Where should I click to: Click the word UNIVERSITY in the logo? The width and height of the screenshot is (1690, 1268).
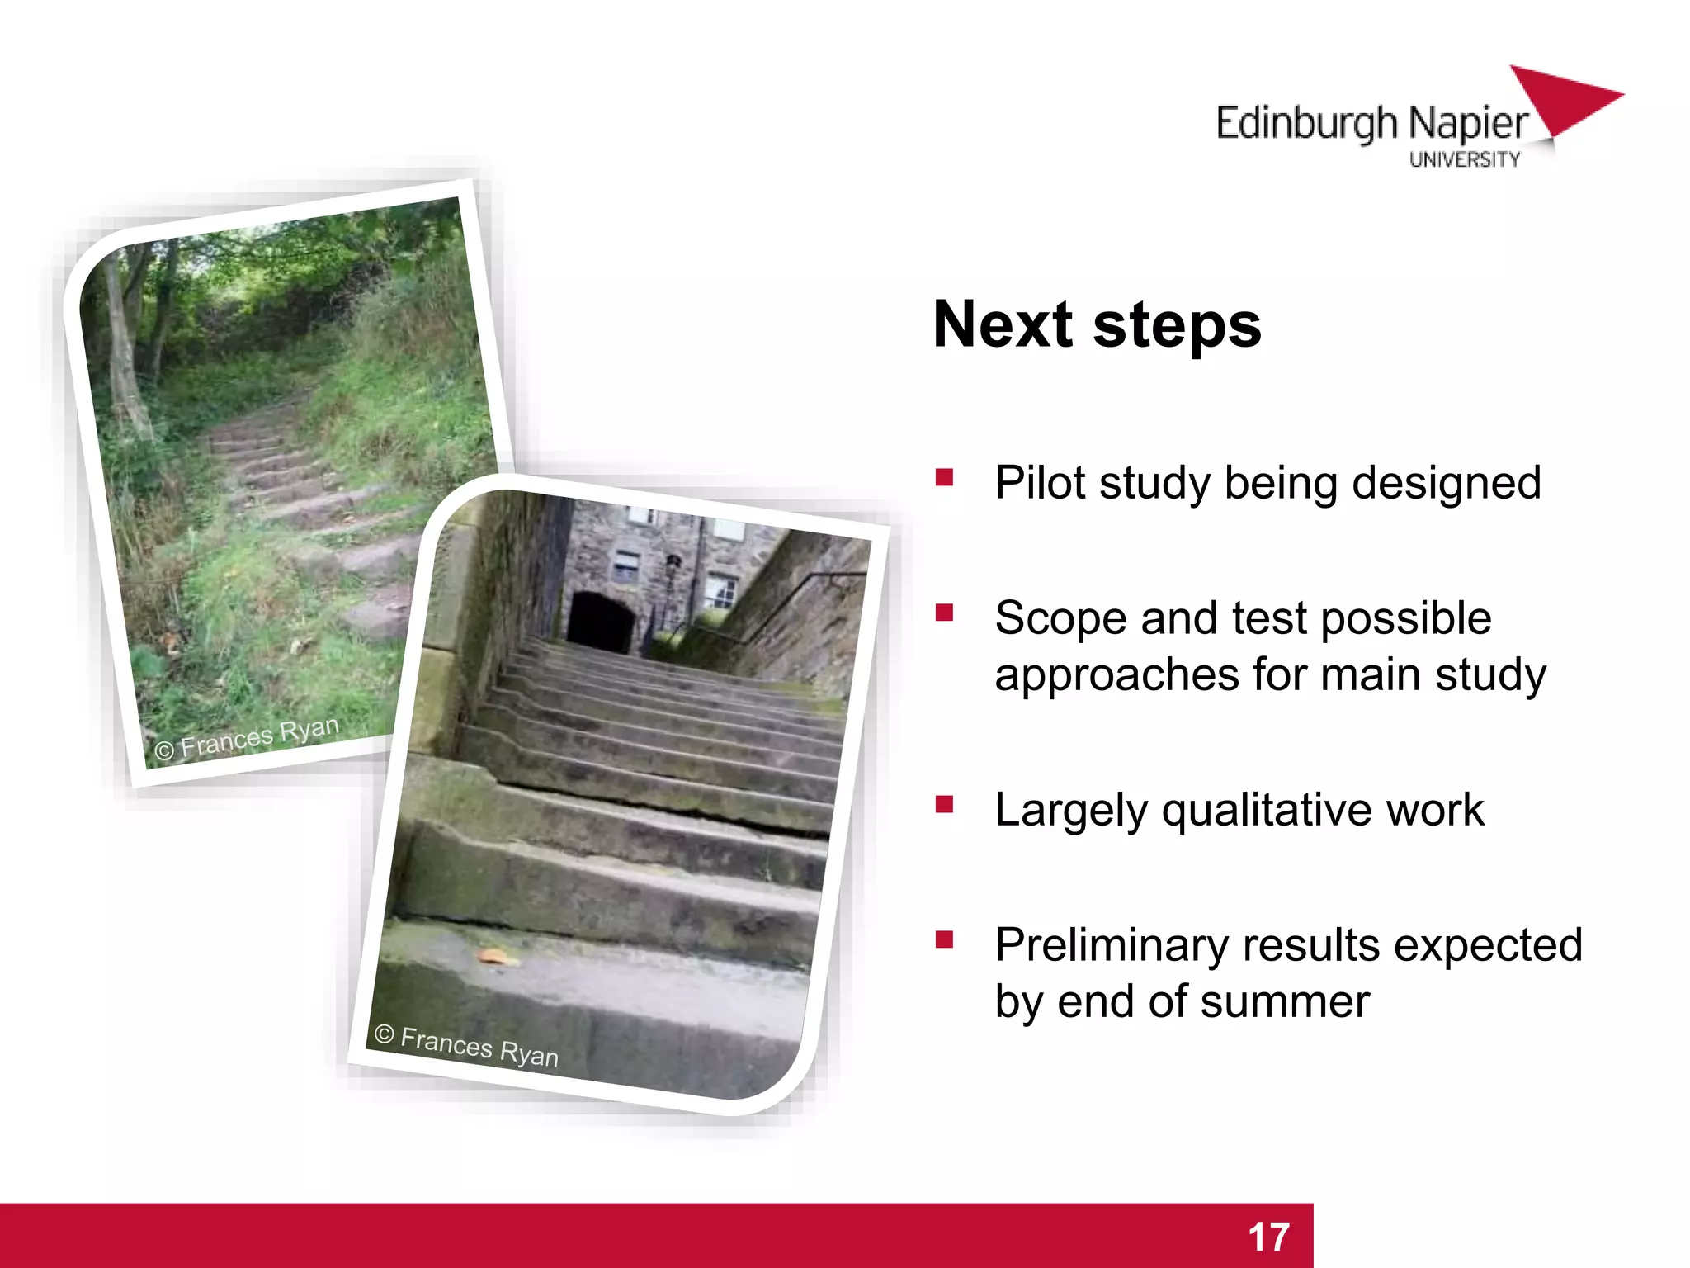click(1464, 160)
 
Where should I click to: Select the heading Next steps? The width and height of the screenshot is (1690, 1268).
click(1097, 325)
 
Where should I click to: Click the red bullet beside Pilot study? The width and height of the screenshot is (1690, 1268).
click(945, 477)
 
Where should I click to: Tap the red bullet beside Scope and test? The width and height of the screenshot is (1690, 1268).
click(945, 613)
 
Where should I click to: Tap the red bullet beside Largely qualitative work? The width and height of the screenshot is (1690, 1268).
click(945, 804)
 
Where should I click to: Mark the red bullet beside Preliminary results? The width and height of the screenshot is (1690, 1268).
click(945, 939)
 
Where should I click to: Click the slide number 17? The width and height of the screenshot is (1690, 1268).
click(1268, 1237)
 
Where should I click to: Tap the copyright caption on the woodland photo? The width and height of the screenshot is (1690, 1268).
click(247, 737)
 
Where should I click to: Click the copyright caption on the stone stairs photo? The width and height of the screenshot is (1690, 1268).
click(466, 1046)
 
